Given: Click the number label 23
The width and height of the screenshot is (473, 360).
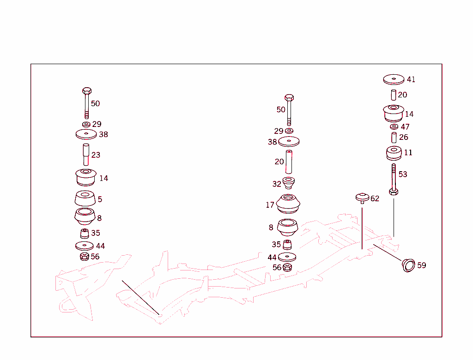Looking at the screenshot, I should [96, 155].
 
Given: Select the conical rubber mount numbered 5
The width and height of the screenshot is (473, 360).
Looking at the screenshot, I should [85, 199].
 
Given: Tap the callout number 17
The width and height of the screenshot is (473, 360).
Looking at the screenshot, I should [270, 205].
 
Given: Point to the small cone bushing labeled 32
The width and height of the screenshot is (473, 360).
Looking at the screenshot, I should [289, 183].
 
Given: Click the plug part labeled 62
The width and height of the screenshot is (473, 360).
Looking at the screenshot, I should [362, 198].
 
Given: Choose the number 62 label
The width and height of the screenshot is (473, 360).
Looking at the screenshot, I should [375, 199].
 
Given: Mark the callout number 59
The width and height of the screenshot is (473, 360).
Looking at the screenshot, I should [421, 265].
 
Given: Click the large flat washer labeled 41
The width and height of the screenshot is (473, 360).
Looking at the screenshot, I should [394, 79].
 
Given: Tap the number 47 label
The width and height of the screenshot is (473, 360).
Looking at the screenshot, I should [405, 127].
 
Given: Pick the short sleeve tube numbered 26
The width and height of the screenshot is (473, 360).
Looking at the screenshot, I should [394, 138].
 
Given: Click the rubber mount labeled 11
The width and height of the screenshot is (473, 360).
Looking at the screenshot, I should [394, 153].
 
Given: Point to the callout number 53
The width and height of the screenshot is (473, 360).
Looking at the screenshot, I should [403, 174].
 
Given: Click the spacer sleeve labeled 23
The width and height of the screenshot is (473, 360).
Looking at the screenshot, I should [85, 155].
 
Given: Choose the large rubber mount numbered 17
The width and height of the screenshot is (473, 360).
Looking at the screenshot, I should [289, 204].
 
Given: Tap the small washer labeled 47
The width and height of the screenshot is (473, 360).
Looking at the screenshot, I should [394, 126].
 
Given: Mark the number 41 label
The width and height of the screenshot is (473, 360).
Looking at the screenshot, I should [411, 79].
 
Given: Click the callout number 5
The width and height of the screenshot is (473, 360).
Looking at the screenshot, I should [100, 199].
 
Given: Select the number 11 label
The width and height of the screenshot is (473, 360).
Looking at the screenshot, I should [408, 153].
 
